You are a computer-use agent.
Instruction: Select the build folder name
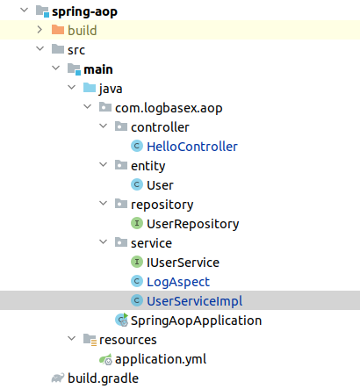[x=82, y=31]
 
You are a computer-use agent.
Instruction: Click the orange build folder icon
[x=57, y=31]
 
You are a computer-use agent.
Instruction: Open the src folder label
[x=76, y=50]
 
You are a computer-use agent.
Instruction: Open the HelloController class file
[x=191, y=147]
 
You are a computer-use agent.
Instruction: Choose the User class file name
[x=160, y=185]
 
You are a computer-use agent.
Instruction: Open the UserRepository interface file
[x=192, y=224]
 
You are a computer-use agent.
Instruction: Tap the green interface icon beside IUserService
[x=136, y=263]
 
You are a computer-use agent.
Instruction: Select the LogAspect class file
[x=177, y=282]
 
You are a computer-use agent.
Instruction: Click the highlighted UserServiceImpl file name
[x=194, y=301]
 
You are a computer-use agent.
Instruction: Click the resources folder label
[x=127, y=340]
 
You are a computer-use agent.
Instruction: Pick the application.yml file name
[x=162, y=359]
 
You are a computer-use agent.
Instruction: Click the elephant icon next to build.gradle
[x=57, y=378]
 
